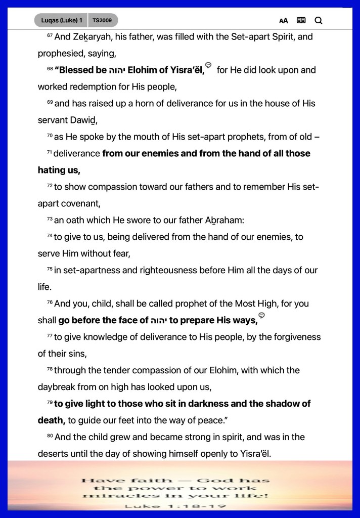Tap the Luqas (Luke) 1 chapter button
(x=61, y=20)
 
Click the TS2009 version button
(x=103, y=20)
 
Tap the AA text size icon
(x=284, y=21)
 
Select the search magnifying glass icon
(x=318, y=20)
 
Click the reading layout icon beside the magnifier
(x=301, y=20)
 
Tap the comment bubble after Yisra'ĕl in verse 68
(x=208, y=65)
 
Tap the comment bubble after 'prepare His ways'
(x=261, y=316)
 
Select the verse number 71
(x=50, y=152)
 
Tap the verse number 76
(x=50, y=303)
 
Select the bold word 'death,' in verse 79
(x=51, y=420)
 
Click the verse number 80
(x=50, y=436)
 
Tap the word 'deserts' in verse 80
(x=53, y=454)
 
